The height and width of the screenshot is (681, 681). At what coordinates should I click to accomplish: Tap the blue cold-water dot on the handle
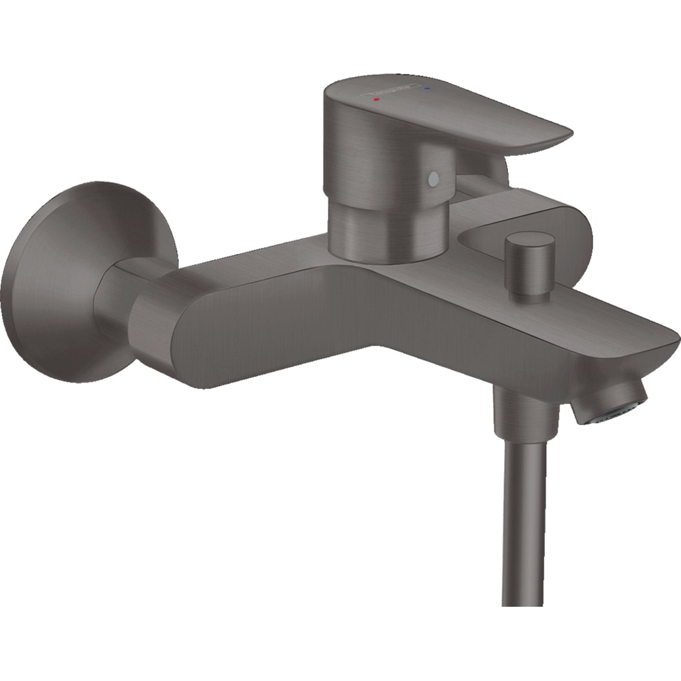(x=427, y=88)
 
